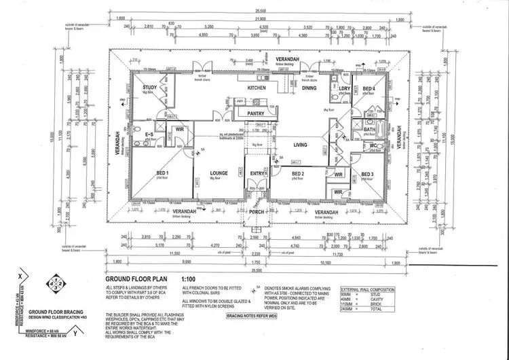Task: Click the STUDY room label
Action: (x=150, y=88)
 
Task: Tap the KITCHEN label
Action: (x=256, y=88)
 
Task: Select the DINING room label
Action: (x=309, y=88)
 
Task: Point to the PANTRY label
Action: (x=256, y=113)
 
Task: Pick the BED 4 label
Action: (x=369, y=89)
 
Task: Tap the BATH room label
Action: (x=369, y=129)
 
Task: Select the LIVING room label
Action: (x=301, y=145)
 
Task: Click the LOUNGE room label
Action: (x=219, y=173)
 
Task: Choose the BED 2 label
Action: (x=298, y=173)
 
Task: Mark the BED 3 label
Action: (x=367, y=175)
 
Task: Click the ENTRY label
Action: (x=257, y=173)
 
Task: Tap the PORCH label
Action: (x=257, y=211)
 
